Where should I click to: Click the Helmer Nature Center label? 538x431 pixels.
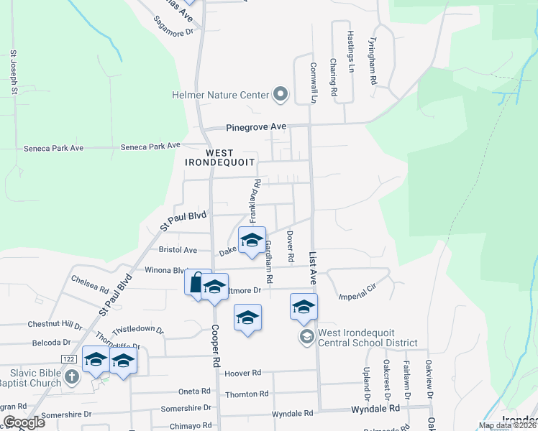pos(219,95)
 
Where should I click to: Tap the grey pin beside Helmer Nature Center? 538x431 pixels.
pos(281,94)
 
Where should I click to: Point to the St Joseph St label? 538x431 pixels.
pos(13,73)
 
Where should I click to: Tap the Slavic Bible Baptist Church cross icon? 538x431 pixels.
pos(70,376)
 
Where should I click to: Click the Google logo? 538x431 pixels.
pos(24,422)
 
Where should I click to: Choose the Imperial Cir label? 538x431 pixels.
pos(357,294)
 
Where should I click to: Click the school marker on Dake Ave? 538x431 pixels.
pos(252,241)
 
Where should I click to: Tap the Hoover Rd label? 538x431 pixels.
pos(242,374)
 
